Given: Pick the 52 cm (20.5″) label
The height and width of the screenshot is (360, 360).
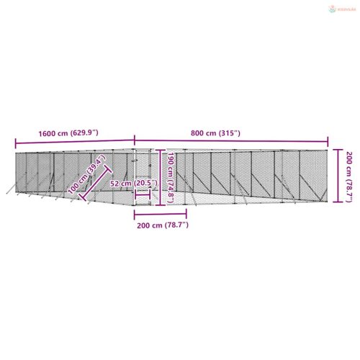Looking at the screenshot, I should coord(133,184).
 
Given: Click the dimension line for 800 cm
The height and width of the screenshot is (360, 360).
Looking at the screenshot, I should coord(230,141).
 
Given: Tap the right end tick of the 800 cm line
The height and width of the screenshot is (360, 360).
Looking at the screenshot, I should coord(328,141).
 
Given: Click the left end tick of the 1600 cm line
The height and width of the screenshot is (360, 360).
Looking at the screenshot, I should coord(14,141).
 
